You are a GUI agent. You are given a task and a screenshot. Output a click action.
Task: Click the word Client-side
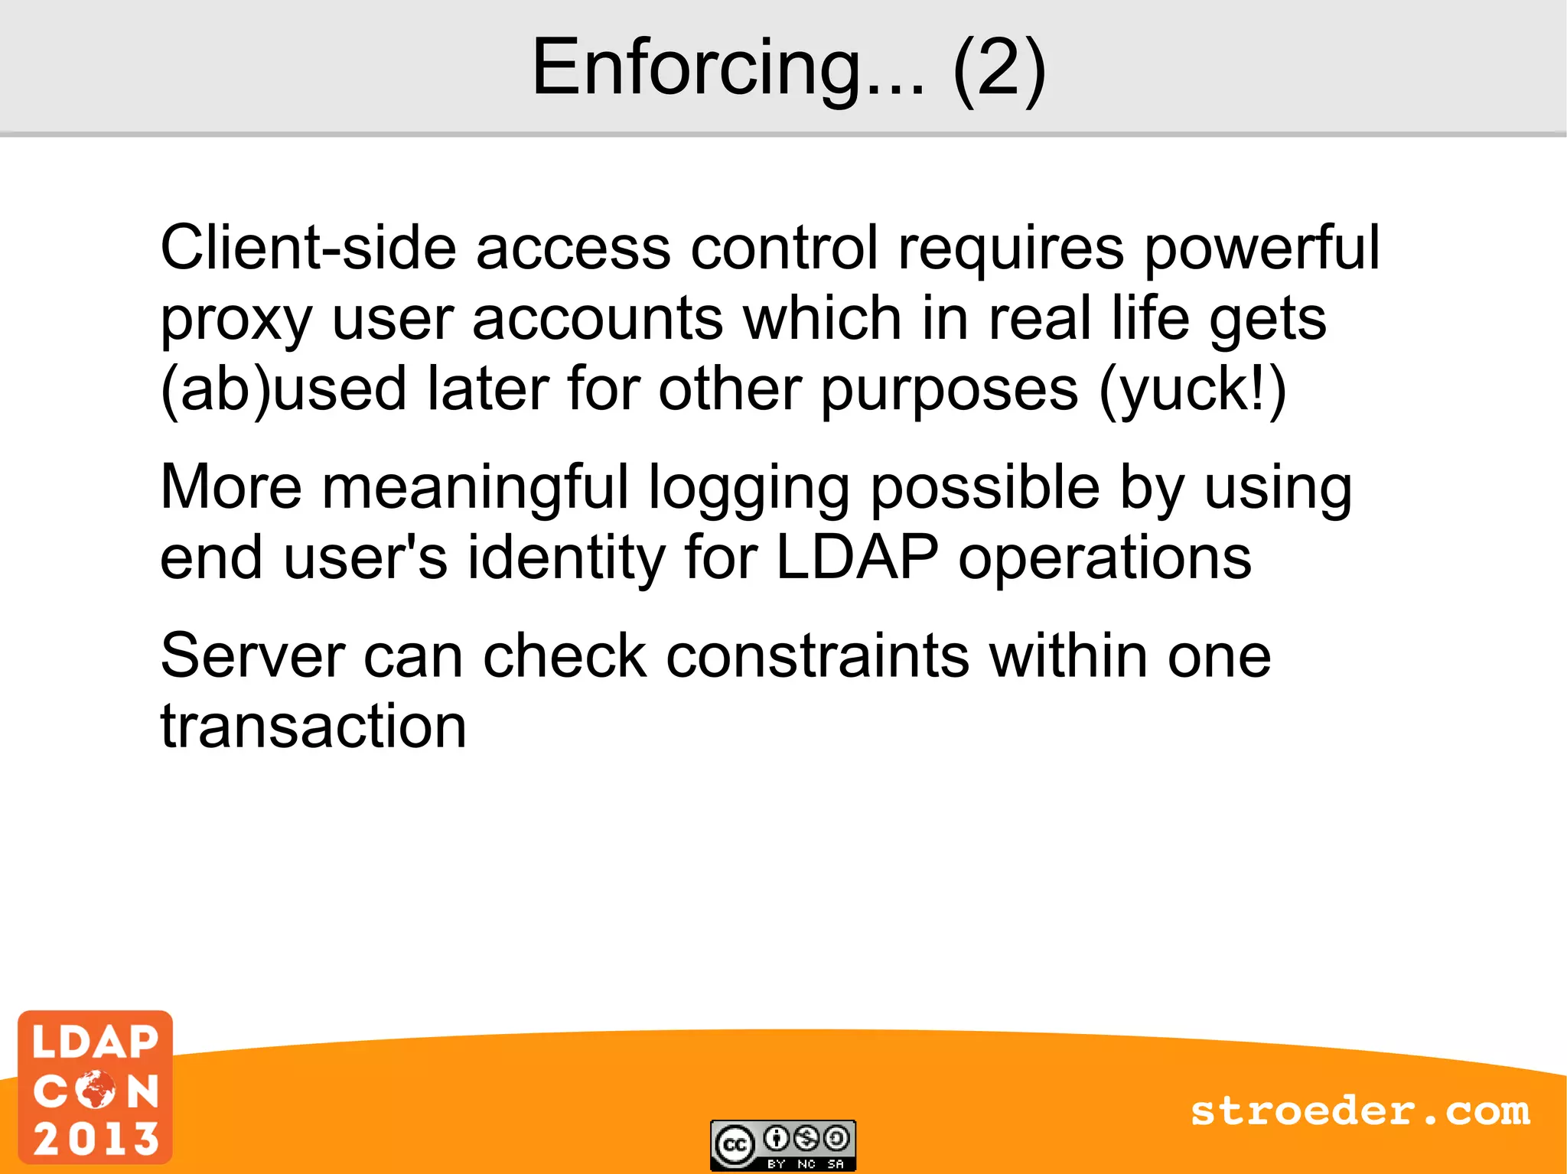click(x=308, y=248)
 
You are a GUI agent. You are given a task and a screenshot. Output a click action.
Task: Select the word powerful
click(x=1262, y=249)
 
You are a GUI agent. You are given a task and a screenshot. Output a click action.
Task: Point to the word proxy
click(x=236, y=320)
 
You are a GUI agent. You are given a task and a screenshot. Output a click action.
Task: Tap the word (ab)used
click(x=283, y=389)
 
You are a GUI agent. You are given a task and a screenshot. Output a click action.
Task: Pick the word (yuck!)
click(x=1193, y=391)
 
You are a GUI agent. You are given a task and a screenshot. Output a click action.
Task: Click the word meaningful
click(x=475, y=488)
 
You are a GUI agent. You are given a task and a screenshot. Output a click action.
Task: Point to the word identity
click(x=566, y=558)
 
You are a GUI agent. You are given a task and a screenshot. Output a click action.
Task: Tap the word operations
click(x=1105, y=559)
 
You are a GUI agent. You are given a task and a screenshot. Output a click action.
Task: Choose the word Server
click(x=253, y=655)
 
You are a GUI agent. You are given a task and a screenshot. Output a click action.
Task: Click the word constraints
click(x=818, y=655)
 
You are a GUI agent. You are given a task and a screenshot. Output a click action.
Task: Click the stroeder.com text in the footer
click(x=1360, y=1111)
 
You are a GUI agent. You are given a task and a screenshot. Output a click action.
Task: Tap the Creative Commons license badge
click(x=783, y=1145)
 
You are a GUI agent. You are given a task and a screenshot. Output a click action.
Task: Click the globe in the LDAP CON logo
click(x=96, y=1089)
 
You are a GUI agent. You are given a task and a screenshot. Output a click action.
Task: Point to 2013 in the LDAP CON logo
click(x=96, y=1138)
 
